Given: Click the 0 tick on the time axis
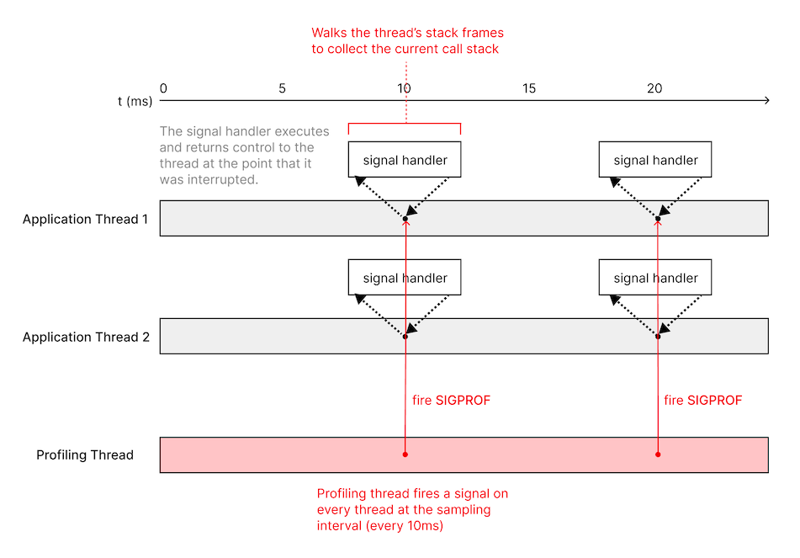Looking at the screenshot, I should [163, 88].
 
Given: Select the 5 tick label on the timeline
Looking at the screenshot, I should [281, 88].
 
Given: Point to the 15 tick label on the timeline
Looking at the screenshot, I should [528, 88].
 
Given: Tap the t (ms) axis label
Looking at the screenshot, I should [135, 101].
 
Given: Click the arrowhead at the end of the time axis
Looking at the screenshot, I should [766, 101].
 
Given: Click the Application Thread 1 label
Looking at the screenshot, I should [86, 219].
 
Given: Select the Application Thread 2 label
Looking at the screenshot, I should [86, 337].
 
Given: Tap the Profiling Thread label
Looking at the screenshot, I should [85, 455].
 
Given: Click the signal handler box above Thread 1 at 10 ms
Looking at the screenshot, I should [405, 160].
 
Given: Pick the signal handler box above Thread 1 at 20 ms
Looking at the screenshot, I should [655, 160].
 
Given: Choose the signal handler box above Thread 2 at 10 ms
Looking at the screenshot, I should [405, 278].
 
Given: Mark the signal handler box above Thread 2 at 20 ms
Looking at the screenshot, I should [655, 278].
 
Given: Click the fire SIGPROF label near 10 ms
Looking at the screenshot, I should [451, 401].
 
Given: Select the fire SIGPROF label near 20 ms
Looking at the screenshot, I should [703, 401].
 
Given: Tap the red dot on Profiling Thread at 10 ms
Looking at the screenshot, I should [405, 454].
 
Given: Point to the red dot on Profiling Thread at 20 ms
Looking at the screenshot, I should [658, 454].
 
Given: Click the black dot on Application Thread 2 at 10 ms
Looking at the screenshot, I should [405, 337].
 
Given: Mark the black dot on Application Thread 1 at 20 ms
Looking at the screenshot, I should [658, 219].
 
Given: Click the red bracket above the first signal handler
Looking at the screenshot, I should [405, 126].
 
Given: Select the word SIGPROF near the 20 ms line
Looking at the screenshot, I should [715, 401].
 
